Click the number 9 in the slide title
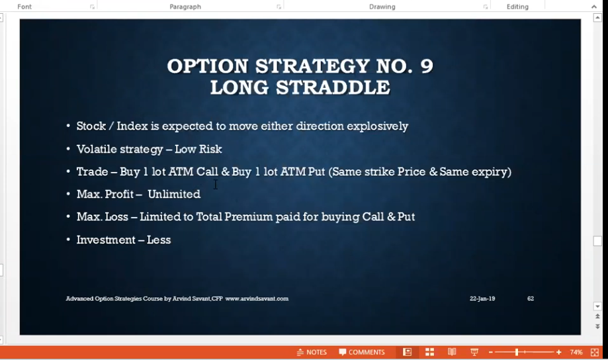(426, 66)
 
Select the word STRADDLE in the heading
(333, 87)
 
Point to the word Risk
(210, 149)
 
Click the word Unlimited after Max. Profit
(174, 194)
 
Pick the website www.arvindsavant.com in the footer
(257, 298)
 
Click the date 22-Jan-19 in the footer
(482, 298)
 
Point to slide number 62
(531, 298)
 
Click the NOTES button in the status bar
(312, 352)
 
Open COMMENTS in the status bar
(362, 352)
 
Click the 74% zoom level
(576, 352)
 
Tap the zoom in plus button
(559, 352)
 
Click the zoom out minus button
(490, 352)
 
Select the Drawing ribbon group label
(382, 7)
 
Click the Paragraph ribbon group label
(185, 7)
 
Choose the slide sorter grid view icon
(429, 352)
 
